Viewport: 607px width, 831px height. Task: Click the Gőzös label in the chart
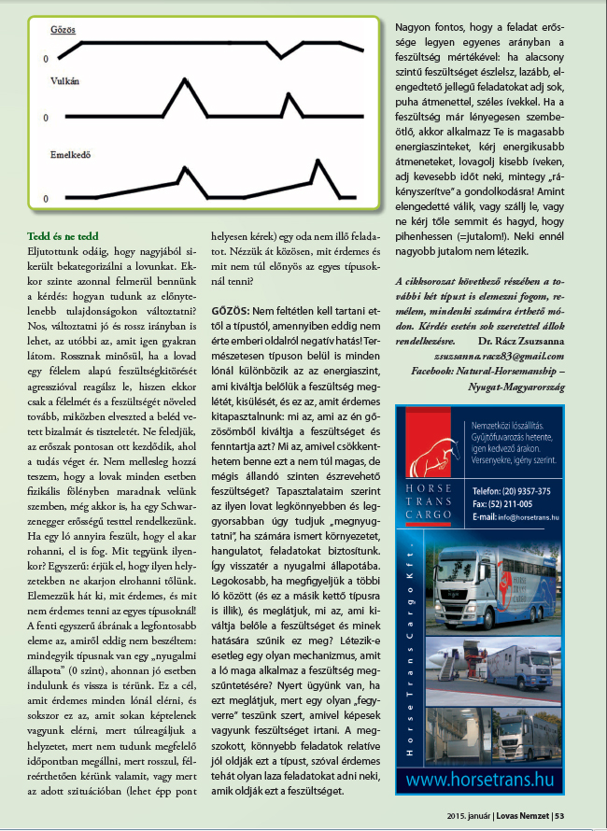click(64, 30)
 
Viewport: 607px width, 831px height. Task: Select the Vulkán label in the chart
click(65, 82)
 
